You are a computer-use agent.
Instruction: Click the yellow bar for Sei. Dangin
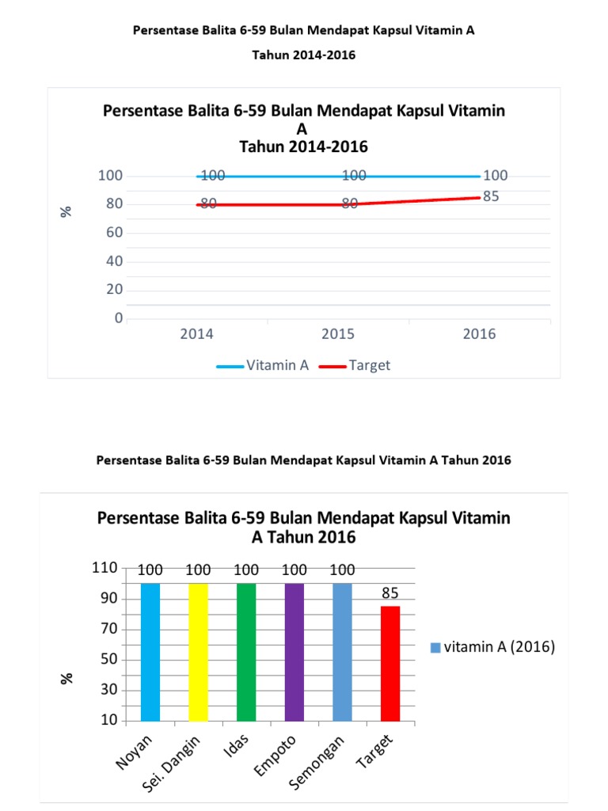199,652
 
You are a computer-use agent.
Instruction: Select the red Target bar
390,664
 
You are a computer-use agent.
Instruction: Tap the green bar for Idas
246,652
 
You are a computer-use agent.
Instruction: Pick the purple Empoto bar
294,652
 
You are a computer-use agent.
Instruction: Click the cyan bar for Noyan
150,652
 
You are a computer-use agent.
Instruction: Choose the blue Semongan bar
342,652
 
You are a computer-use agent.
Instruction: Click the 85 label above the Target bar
390,592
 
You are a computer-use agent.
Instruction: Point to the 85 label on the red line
491,196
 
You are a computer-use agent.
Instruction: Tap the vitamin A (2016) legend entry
492,647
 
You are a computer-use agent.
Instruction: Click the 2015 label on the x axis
338,334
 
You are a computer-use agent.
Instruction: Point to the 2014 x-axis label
196,334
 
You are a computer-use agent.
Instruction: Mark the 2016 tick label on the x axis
479,334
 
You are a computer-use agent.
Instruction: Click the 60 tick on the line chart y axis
114,233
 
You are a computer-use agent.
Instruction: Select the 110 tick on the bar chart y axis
104,568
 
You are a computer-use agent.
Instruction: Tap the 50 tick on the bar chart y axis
108,660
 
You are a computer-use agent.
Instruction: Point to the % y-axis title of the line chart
67,211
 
